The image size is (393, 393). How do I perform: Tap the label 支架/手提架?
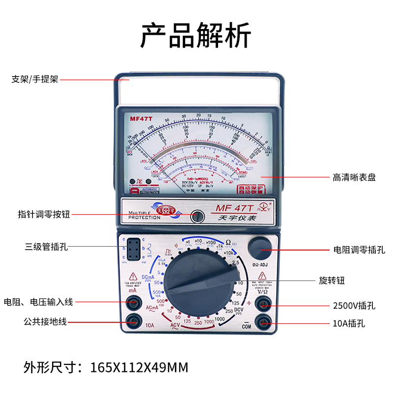coord(35,79)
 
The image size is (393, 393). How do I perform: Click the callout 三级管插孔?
coord(47,247)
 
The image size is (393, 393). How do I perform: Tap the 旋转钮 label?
coord(332,281)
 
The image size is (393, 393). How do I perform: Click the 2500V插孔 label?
coord(354,306)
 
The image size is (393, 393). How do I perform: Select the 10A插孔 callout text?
coord(349,323)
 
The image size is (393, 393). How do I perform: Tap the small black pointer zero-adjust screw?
coord(198,216)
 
